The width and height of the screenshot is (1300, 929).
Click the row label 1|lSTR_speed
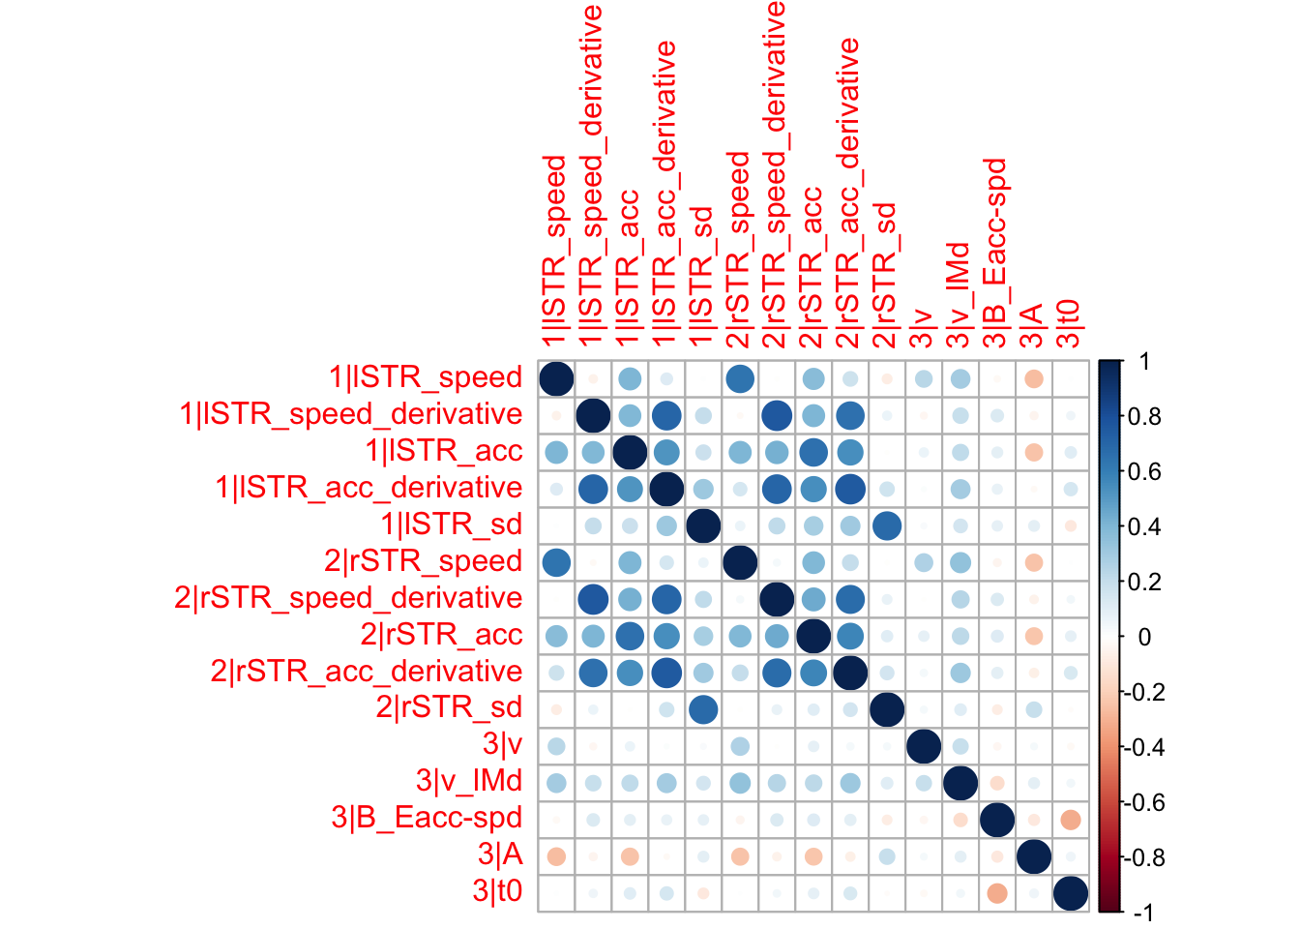coord(425,377)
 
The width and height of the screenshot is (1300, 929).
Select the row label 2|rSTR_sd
coord(449,708)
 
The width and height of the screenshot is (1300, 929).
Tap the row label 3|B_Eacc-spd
coord(427,819)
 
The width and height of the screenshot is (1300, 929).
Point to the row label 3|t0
coord(497,891)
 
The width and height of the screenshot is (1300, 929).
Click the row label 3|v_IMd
coord(469,782)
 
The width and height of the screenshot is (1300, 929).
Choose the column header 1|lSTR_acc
coord(629,267)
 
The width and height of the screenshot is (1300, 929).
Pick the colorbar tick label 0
coord(1145,638)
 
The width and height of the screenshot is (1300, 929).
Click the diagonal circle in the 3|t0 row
coord(1070,892)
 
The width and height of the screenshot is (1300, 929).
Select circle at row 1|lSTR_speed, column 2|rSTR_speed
coord(739,377)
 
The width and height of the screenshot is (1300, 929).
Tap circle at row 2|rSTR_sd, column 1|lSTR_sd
coord(702,708)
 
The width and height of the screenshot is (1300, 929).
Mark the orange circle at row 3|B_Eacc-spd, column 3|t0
coord(1070,819)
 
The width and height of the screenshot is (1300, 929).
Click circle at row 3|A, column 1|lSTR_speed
coord(556,855)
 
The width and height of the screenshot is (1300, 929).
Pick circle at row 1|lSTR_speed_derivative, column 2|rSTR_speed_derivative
coord(776,414)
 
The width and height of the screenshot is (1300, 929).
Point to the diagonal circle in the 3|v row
coord(923,745)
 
